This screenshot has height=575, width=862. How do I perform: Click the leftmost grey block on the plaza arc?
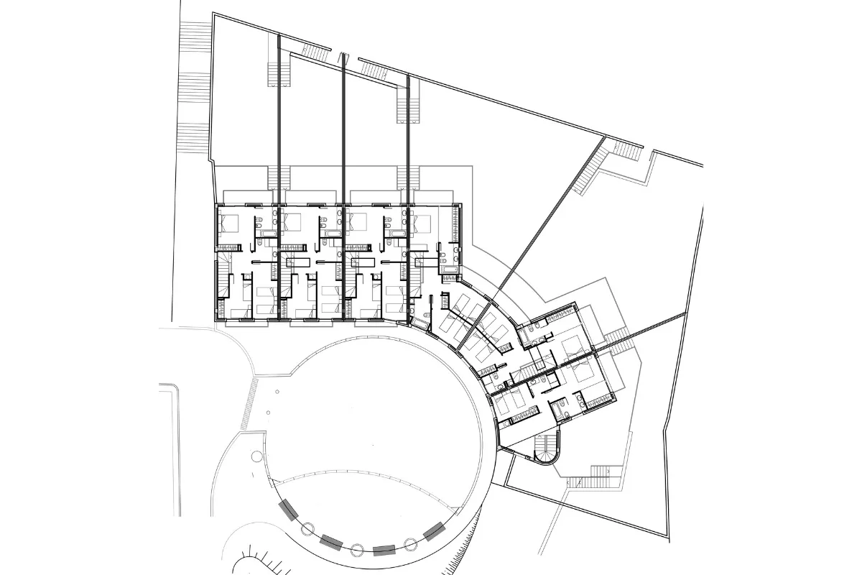[289, 510]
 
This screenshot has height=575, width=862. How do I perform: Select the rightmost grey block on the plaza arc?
[434, 533]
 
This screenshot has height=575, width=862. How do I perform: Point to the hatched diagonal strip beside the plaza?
[253, 395]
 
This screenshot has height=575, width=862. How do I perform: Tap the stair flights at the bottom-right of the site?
[595, 477]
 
